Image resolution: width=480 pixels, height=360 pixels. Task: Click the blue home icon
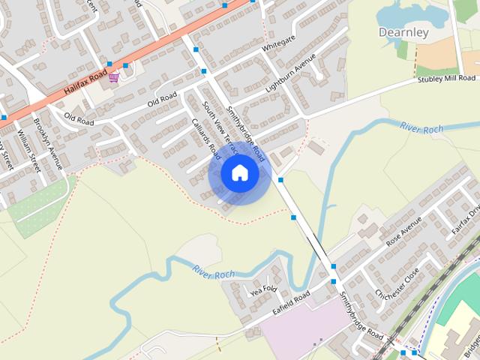239,173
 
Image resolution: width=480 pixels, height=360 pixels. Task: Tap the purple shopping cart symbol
113,77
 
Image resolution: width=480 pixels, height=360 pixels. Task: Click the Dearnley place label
403,32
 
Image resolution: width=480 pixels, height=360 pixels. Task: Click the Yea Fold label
263,289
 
